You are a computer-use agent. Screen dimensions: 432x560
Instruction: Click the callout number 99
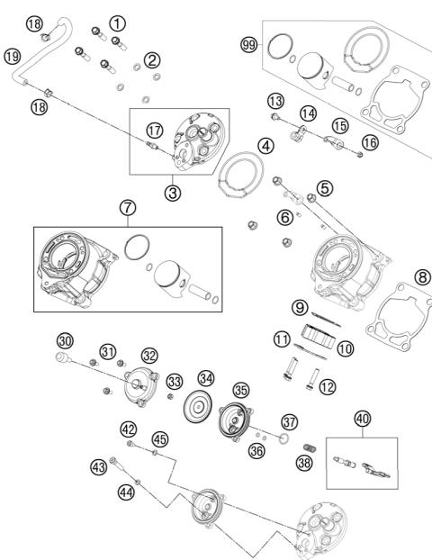coord(248,45)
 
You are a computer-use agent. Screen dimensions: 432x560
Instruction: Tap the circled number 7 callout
coord(128,207)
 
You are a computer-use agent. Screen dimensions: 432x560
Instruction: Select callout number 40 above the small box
coord(363,419)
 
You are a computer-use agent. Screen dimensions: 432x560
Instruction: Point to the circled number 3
coord(173,193)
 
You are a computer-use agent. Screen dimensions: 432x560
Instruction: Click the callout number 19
coord(13,57)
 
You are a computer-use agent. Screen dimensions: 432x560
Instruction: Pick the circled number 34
coord(206,378)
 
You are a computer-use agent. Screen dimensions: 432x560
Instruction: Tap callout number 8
coord(423,277)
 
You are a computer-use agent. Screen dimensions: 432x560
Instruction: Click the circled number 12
coord(328,387)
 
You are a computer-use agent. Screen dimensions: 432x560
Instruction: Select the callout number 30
coord(65,341)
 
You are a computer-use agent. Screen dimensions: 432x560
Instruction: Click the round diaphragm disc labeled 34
coord(197,406)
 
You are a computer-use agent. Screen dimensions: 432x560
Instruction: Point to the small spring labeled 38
coord(310,447)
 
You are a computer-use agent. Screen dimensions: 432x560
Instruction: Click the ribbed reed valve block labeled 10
coord(319,336)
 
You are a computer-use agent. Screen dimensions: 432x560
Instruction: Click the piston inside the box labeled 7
coord(167,275)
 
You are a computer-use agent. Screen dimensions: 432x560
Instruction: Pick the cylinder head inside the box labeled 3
coord(199,141)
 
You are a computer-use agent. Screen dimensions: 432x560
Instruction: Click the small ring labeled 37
coord(284,438)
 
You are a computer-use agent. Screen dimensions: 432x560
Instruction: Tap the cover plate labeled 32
coord(141,388)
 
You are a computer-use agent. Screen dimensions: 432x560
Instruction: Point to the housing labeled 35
coord(236,421)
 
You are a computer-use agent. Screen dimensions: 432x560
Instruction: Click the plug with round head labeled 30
coord(64,357)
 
